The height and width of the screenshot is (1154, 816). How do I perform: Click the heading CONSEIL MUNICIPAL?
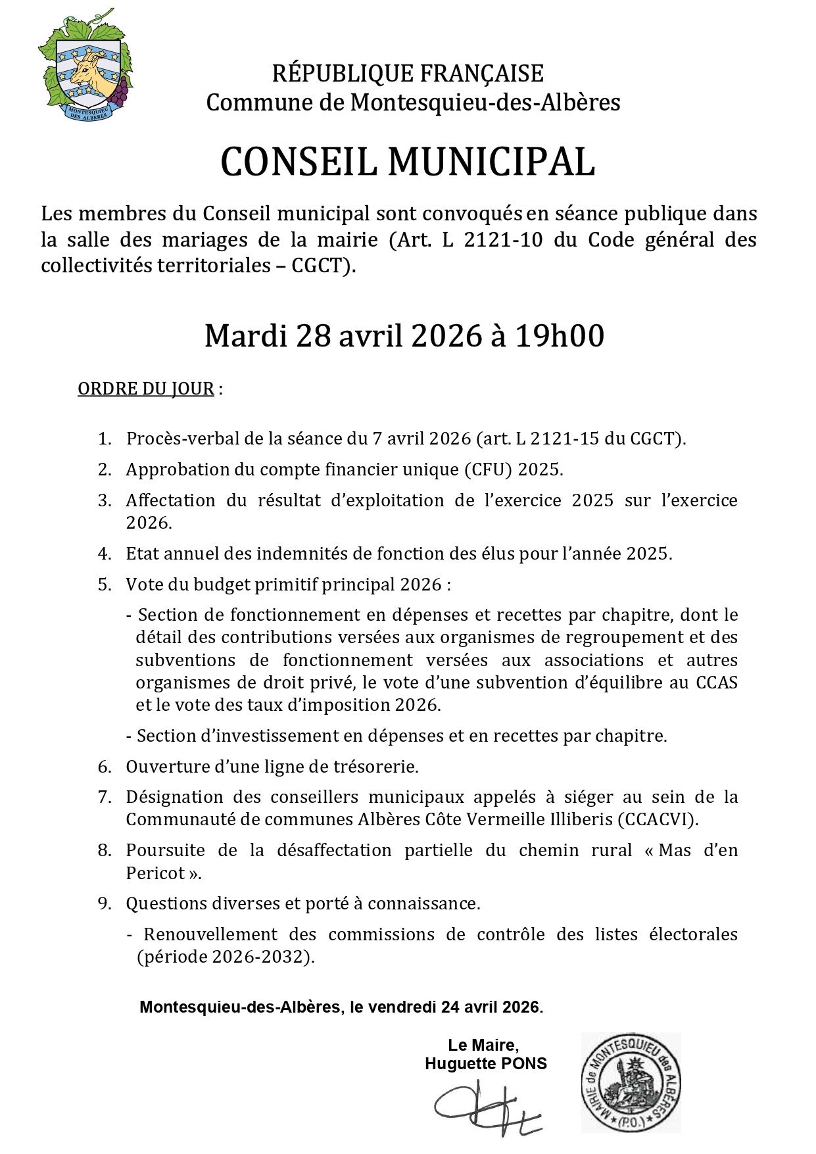[x=408, y=162]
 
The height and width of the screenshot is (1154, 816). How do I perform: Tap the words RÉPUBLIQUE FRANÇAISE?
[x=408, y=74]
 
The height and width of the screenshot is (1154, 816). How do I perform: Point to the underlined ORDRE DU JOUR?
[x=146, y=389]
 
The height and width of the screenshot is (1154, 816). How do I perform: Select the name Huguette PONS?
[x=485, y=1063]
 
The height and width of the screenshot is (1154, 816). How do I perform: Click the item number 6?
[x=105, y=767]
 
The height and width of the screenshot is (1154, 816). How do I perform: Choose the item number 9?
[x=105, y=903]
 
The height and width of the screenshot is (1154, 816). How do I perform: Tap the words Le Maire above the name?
[x=483, y=1045]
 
